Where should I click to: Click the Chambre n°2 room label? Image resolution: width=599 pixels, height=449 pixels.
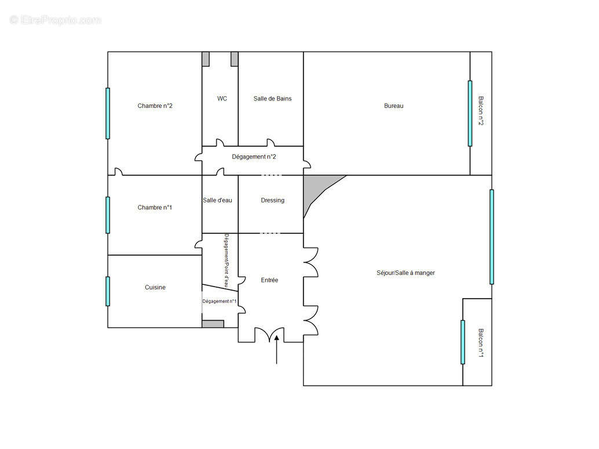155,106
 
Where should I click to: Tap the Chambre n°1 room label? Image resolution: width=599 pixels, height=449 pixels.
155,208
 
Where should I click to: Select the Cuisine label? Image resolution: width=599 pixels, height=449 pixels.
155,287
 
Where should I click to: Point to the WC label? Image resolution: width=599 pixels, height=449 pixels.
222,99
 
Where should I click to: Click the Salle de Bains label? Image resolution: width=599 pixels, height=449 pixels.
272,99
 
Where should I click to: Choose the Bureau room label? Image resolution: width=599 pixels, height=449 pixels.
393,106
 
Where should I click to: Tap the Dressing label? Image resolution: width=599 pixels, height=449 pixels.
272,200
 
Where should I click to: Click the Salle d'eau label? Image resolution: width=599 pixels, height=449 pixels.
217,200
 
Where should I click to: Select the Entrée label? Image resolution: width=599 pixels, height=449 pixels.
269,280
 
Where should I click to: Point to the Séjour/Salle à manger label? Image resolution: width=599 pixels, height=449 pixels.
406,273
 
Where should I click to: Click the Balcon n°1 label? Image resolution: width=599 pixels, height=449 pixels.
480,343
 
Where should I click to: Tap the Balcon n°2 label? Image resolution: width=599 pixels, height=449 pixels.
480,111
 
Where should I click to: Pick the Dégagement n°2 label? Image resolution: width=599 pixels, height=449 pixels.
254,157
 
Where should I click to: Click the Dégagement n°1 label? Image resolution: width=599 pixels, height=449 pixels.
219,301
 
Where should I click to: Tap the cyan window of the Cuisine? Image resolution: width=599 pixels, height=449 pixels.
108,291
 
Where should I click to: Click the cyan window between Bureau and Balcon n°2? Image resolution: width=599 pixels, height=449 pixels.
470,113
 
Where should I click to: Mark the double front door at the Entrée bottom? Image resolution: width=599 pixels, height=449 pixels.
269,335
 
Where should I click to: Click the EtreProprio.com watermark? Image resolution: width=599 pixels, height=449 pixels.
56,20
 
